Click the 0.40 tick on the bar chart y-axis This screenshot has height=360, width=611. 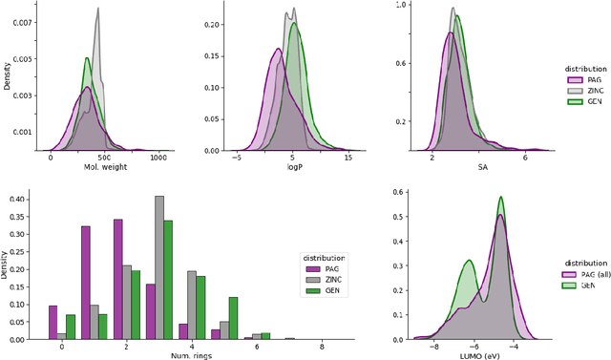point(17,199)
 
